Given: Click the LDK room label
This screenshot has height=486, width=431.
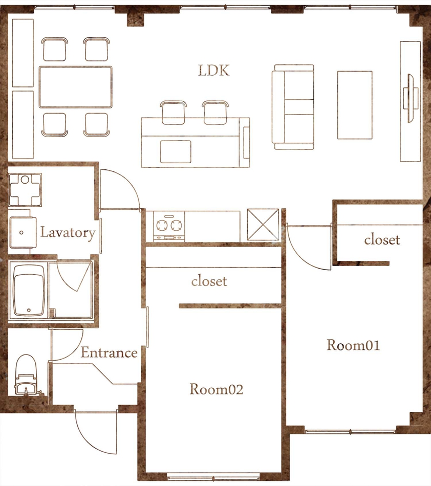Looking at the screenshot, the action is [x=213, y=71].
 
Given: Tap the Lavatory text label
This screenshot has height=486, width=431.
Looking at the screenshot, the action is [x=68, y=233].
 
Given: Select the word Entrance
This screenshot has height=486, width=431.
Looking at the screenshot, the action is [x=109, y=352].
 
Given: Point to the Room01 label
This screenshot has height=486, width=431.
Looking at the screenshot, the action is [x=353, y=345].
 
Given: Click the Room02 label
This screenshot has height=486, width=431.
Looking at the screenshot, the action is [x=217, y=389].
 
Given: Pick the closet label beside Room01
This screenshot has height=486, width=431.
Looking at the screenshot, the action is [x=382, y=239].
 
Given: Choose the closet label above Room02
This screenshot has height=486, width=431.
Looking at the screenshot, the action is [x=209, y=281].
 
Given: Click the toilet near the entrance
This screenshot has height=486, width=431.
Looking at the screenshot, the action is [x=26, y=375].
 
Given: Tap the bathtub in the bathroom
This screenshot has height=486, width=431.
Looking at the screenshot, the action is [x=29, y=291].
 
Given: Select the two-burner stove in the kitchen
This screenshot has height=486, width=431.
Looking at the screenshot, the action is [x=169, y=226].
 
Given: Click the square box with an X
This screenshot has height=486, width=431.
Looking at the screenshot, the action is [x=263, y=225].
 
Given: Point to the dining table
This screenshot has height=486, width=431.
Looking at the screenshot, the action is [x=75, y=87].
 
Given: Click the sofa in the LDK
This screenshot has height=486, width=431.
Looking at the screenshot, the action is [x=293, y=107].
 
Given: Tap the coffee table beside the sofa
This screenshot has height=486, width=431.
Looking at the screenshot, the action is [x=355, y=105].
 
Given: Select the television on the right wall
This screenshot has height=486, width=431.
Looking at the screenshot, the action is [x=410, y=98].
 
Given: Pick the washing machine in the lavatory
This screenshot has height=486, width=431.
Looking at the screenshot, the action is [x=25, y=190].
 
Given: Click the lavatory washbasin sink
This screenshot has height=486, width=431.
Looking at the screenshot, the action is [x=23, y=232].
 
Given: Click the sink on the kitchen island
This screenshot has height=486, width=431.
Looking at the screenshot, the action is [x=176, y=151].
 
